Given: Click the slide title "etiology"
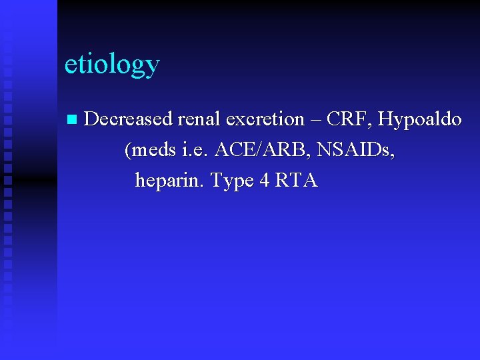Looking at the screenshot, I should [112, 65].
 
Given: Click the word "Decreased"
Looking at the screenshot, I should [128, 119].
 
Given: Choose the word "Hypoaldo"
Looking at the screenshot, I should [420, 120].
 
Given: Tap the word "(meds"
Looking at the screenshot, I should [151, 150].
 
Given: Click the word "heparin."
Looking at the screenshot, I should [170, 181].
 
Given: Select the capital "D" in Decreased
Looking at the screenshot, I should [93, 119].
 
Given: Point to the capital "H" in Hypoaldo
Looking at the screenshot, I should [385, 119].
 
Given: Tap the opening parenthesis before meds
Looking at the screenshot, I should [127, 151].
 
